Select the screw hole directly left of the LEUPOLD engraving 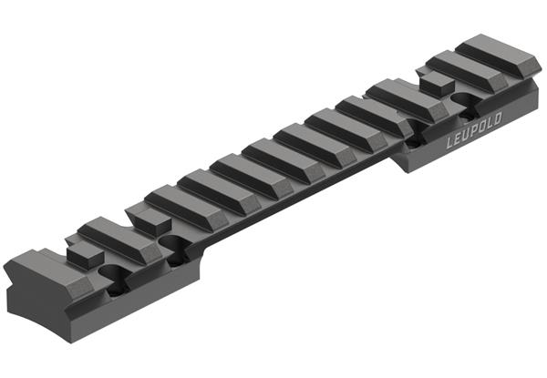tap(414, 141)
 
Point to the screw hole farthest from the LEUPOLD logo tap(113, 273)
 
